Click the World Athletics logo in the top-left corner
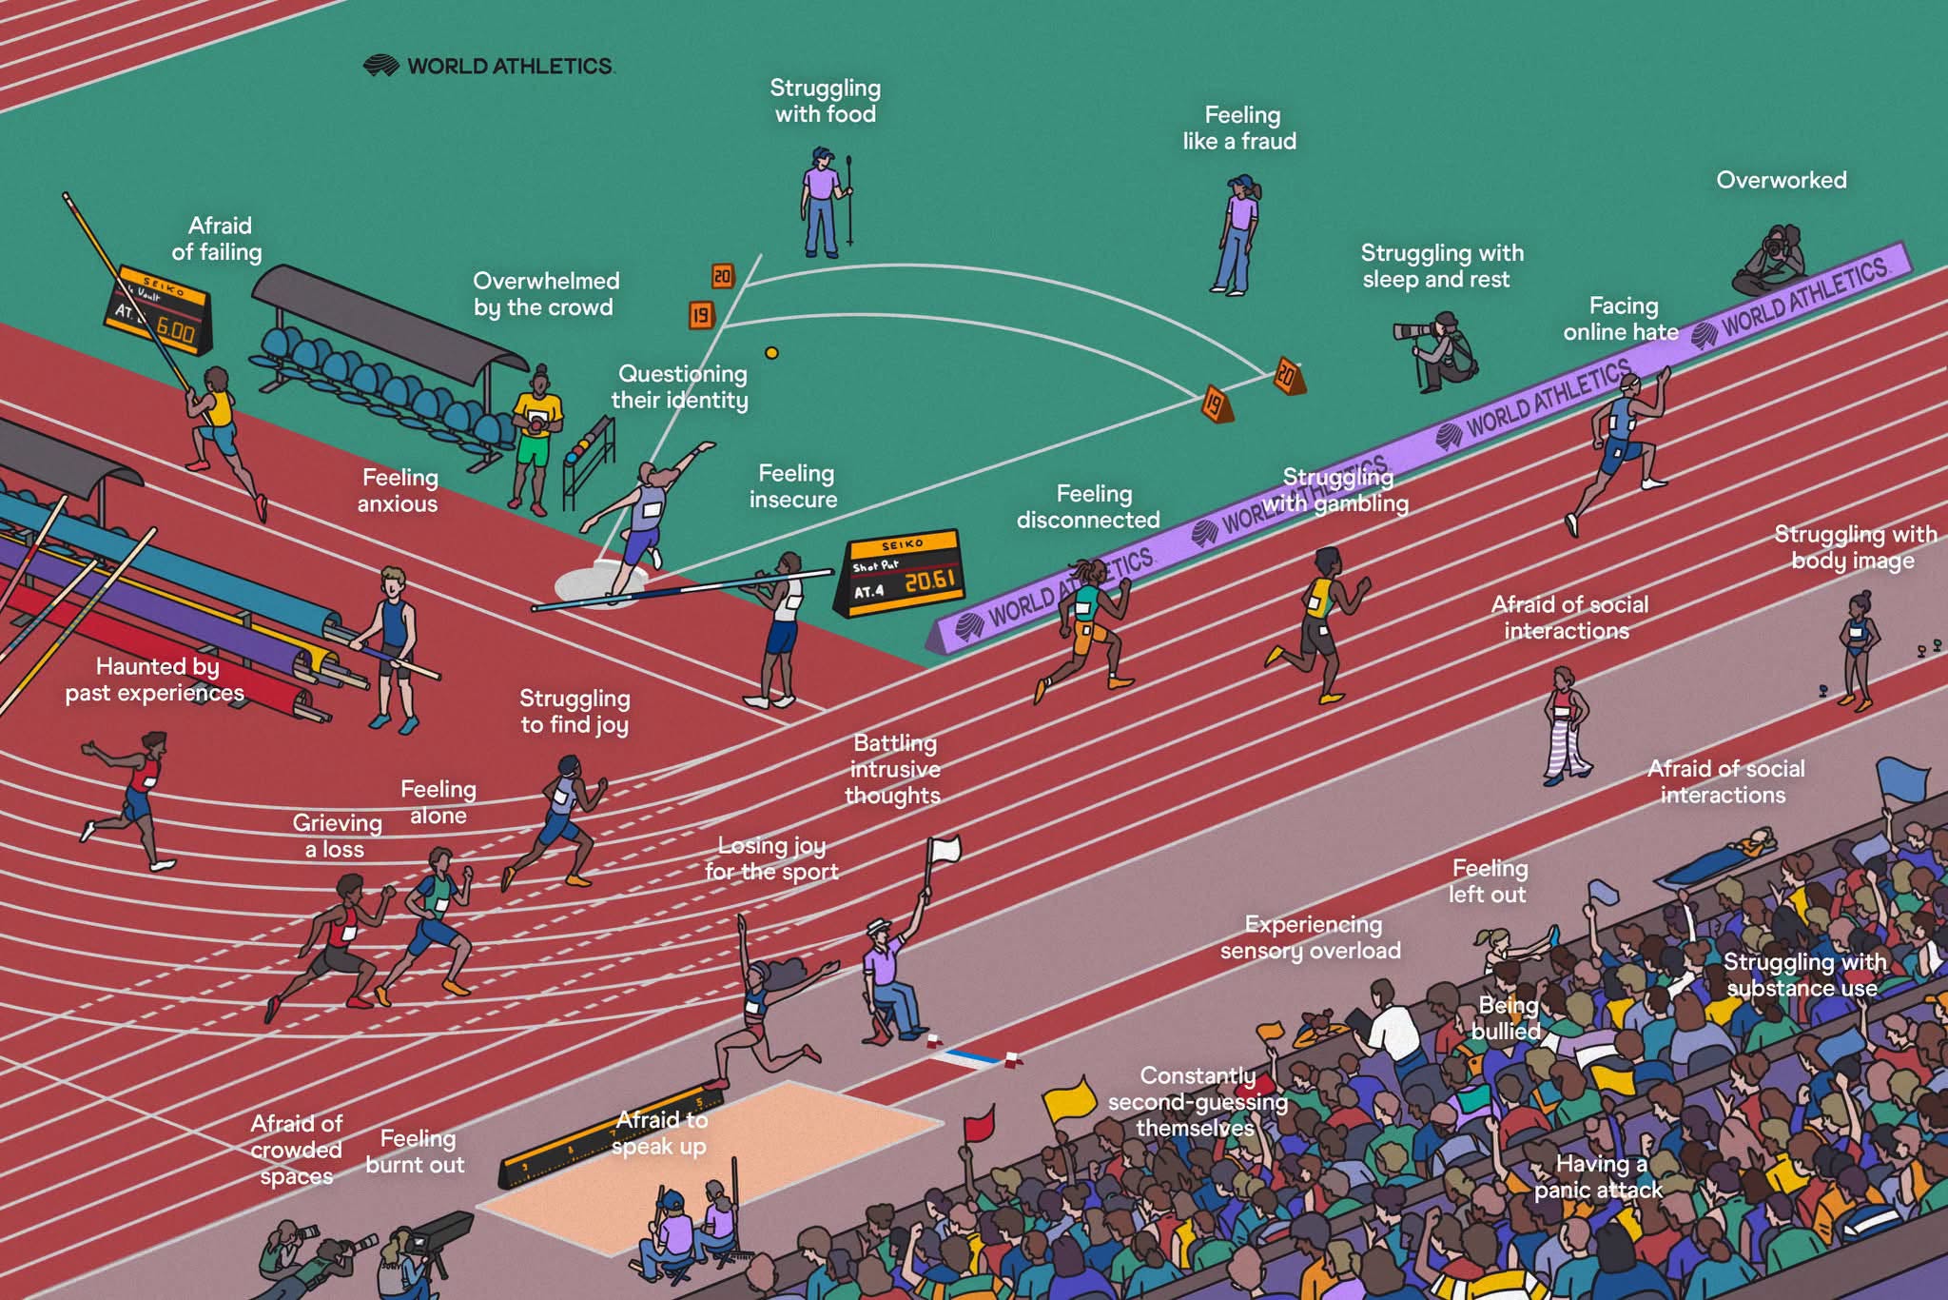pos(489,66)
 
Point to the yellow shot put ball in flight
pos(771,353)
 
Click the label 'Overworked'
pos(1782,180)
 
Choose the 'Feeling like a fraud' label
pos(1240,128)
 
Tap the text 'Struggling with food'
pos(826,101)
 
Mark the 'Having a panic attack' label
pos(1598,1176)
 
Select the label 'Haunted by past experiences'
pos(155,680)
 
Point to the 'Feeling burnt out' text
pos(416,1152)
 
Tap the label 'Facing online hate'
pos(1622,319)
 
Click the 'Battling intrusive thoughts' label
pos(894,769)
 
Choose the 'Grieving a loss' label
pos(337,836)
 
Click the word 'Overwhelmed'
pos(546,281)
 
